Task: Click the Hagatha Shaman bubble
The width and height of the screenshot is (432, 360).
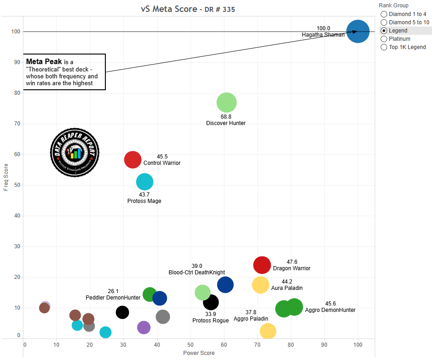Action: coord(358,32)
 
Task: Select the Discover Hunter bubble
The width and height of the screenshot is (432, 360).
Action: coord(226,103)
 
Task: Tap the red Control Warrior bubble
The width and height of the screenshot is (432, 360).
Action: coord(133,159)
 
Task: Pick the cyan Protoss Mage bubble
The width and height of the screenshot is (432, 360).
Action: coord(145,182)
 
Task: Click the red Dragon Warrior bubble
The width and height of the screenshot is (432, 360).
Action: coord(262,265)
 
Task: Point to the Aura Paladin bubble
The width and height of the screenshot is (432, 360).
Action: coord(261,285)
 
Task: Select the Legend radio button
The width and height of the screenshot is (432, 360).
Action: coord(384,31)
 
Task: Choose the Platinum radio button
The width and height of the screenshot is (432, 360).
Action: coord(384,39)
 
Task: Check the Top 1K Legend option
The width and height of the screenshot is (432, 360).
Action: coord(384,47)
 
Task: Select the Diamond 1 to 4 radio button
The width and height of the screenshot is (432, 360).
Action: coord(384,14)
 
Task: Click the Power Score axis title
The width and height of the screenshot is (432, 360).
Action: coord(199,353)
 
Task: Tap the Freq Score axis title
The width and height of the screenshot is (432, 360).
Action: coord(6,177)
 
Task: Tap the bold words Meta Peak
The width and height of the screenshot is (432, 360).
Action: coord(44,61)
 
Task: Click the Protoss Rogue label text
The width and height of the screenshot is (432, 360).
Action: coord(210,321)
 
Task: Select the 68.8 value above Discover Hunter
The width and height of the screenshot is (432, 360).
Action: coord(226,117)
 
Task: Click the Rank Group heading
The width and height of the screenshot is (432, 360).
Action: coord(394,5)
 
